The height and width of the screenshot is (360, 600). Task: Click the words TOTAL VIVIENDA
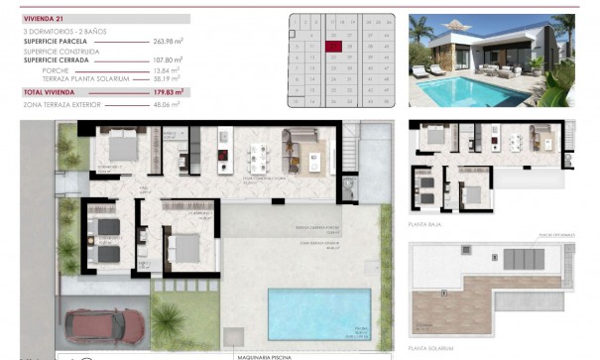point(49,91)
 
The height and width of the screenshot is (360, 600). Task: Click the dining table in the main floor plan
point(260,156)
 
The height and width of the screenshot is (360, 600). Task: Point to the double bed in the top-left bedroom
point(123,148)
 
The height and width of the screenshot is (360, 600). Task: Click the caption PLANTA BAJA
point(425,225)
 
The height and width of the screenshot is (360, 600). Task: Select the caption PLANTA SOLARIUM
point(430,348)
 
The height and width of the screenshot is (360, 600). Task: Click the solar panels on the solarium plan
point(524,259)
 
